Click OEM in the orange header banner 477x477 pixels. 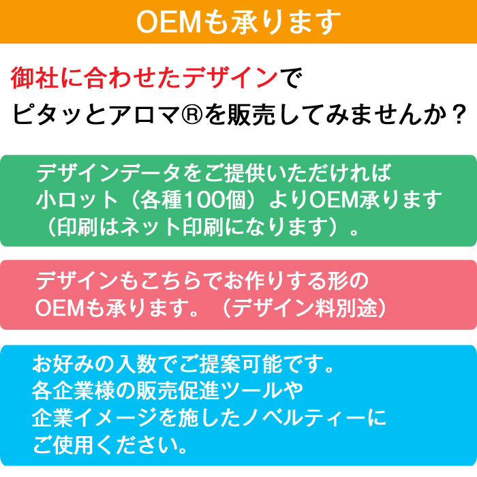click(168, 22)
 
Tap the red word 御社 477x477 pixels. click(35, 78)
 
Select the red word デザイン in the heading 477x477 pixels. click(230, 78)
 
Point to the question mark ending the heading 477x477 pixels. click(458, 114)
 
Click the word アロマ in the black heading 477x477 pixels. click(145, 114)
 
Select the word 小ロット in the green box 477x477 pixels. click(76, 200)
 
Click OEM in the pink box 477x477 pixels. click(60, 308)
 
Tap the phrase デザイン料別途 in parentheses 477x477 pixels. click(305, 308)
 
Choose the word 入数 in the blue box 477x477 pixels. click(136, 363)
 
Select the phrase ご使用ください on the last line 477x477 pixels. click(106, 445)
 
